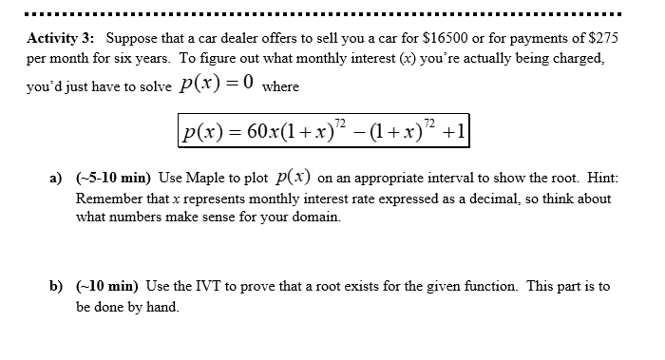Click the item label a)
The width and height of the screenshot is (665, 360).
point(55,180)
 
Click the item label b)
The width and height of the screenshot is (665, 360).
point(55,286)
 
